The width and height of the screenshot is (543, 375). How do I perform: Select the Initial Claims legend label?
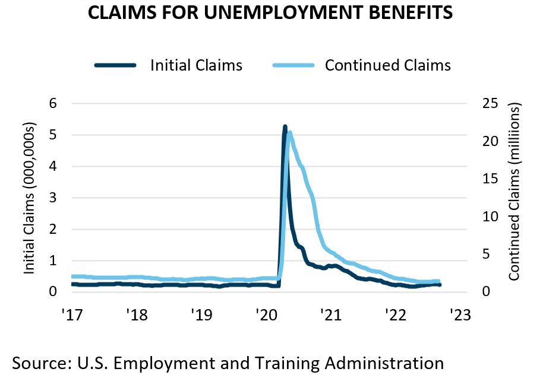point(196,65)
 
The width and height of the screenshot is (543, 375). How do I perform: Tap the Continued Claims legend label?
point(387,65)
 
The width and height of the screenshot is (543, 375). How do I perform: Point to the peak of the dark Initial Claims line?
point(285,127)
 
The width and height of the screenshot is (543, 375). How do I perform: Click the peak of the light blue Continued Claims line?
point(289,133)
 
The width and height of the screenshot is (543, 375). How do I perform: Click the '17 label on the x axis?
point(71,314)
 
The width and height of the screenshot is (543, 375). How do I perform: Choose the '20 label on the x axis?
point(265,314)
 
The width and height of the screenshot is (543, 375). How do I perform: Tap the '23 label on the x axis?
point(460,314)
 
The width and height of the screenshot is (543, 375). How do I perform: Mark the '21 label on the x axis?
point(330,314)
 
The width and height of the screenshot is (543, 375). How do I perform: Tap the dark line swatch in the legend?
point(115,65)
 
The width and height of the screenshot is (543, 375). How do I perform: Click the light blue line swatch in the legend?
point(292,65)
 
